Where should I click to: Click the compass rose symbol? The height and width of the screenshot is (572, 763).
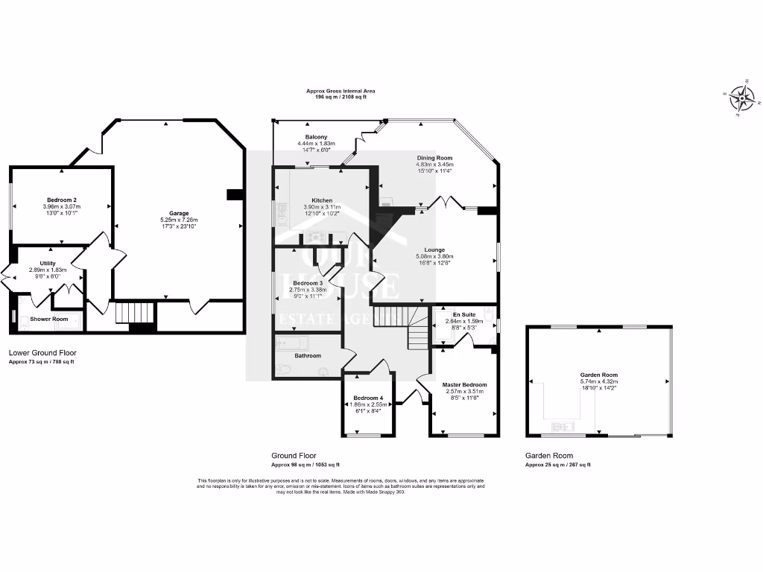(741, 97)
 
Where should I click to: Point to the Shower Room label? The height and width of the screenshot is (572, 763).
(49, 320)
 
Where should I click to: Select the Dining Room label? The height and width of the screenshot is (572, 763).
(434, 158)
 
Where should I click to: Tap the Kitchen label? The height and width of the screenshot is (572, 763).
(322, 200)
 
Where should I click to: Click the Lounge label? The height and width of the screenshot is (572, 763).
(434, 250)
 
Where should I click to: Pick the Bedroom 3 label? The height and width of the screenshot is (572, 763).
(307, 284)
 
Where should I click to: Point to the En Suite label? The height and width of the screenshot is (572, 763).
(463, 315)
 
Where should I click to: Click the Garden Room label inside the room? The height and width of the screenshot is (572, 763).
(599, 375)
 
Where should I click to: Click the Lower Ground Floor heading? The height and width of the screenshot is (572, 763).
(42, 352)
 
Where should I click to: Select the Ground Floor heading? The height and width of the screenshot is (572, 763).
(294, 455)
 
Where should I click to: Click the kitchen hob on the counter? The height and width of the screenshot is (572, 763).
(314, 238)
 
